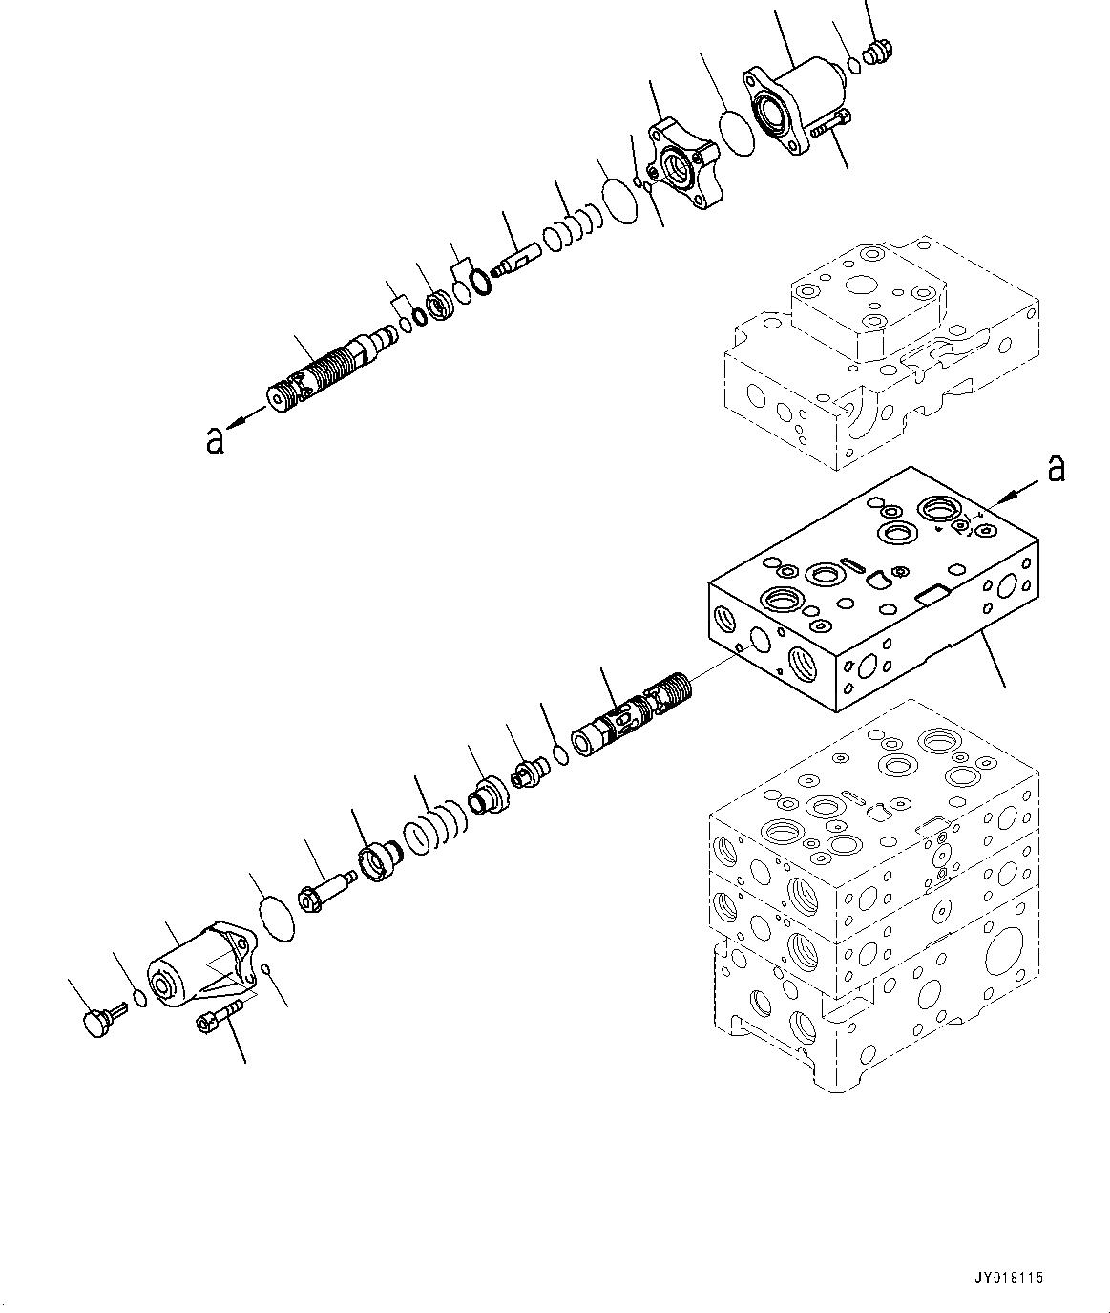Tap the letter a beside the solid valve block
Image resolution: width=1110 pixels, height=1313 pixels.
pos(1055,469)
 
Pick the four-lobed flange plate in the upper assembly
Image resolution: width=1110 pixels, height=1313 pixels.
pos(683,168)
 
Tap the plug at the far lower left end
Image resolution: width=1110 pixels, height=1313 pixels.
pos(96,1020)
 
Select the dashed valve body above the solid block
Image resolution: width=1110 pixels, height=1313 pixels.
pos(878,353)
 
